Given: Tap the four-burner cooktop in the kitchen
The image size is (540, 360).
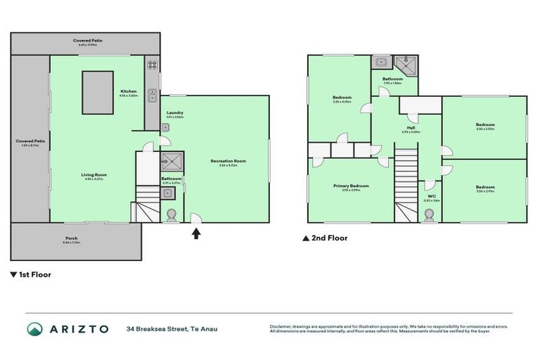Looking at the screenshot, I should coord(151,65).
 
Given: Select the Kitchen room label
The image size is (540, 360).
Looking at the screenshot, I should coord(128,93).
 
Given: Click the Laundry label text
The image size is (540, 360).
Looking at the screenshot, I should coord(175,114).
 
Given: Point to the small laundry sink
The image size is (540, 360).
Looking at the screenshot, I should coord(165,127).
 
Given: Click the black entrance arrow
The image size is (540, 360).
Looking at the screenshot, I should coord(197,233).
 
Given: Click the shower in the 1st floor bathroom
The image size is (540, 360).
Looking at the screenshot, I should coord(170,162).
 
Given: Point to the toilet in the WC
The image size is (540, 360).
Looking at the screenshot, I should coord(430,214).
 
